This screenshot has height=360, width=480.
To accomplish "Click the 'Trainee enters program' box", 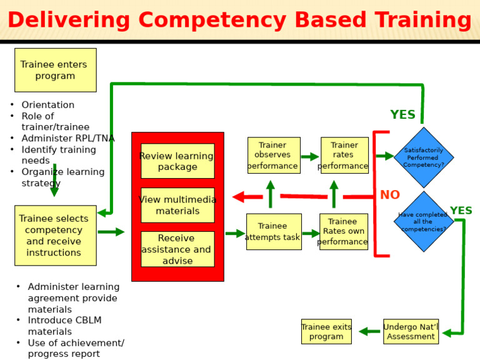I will click(x=55, y=70).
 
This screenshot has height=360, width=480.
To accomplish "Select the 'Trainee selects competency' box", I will click(x=55, y=236).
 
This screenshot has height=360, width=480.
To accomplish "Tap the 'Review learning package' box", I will click(x=177, y=161).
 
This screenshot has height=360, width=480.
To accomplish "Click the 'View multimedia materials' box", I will click(x=177, y=205).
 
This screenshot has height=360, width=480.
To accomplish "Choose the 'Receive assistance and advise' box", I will click(x=177, y=249).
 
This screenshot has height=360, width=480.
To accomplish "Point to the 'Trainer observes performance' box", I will click(x=273, y=156).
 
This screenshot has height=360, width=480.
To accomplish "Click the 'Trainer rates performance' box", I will click(x=344, y=156).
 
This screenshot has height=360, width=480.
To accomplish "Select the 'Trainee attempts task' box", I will click(x=273, y=232).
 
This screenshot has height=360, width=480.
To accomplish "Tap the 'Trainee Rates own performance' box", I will click(x=343, y=232).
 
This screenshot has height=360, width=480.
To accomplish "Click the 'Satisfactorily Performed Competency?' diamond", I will click(x=424, y=157).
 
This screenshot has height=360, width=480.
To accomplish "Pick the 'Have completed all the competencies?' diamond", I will click(x=424, y=221).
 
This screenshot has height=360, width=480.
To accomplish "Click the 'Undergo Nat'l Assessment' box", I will click(x=411, y=331).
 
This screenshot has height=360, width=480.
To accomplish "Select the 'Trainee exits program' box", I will click(x=326, y=331).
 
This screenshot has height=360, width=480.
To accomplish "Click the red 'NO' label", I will click(x=390, y=195).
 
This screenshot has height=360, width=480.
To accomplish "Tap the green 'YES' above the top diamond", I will click(x=402, y=115).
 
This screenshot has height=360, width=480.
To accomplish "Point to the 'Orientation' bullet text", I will click(x=47, y=105).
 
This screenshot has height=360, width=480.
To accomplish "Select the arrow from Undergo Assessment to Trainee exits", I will click(x=369, y=332).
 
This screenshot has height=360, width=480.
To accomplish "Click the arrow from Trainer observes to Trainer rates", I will click(x=310, y=157).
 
